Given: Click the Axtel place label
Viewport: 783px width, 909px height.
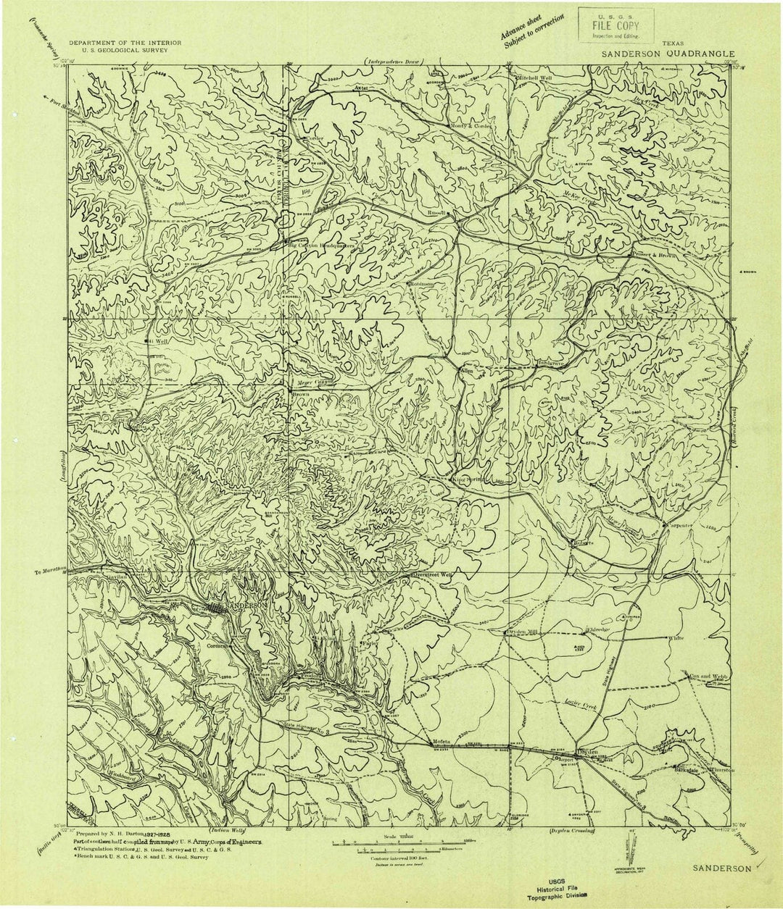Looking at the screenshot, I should point(361,87).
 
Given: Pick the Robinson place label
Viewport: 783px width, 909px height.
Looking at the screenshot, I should point(420,284).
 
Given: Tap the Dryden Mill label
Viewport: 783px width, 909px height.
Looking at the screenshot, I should point(523,631).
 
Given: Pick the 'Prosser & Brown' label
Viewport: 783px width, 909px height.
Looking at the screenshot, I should point(662,255).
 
